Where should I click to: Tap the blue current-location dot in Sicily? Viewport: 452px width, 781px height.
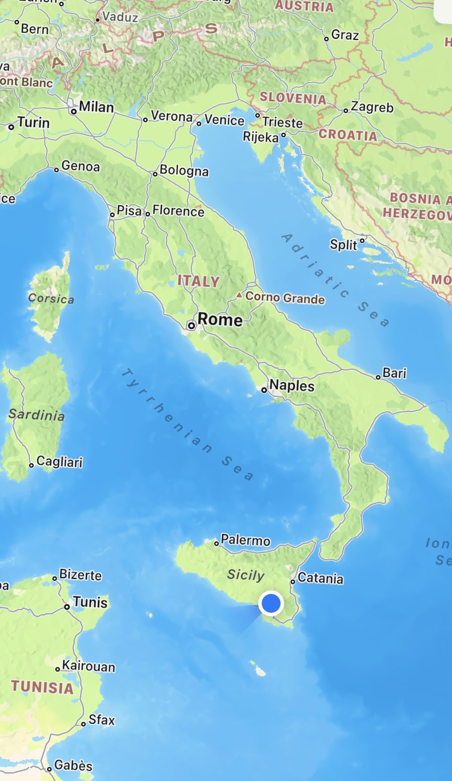271,603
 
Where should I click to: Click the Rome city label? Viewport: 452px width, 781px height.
220,320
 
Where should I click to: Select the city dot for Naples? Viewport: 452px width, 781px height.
264,390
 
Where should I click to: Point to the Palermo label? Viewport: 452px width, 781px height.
245,540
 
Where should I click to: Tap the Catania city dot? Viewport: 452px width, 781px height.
293,581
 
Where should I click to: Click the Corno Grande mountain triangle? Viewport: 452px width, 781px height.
239,295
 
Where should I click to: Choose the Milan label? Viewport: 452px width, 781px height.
96,107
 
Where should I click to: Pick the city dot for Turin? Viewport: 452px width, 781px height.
11,127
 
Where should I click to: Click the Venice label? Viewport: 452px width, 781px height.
224,120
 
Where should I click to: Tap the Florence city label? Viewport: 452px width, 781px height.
178,210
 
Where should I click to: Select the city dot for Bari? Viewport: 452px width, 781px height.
378,377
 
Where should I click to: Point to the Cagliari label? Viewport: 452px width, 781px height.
59,461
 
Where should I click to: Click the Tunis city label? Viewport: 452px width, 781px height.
90,602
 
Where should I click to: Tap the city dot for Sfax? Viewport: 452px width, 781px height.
83,724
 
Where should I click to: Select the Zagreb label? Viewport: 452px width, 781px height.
372,107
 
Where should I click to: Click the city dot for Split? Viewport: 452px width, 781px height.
362,241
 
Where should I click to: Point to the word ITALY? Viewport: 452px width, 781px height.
198,281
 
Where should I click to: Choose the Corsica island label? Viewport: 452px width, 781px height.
51,298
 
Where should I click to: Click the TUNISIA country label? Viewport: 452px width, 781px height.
42,687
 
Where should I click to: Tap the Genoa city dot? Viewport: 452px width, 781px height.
56,170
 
